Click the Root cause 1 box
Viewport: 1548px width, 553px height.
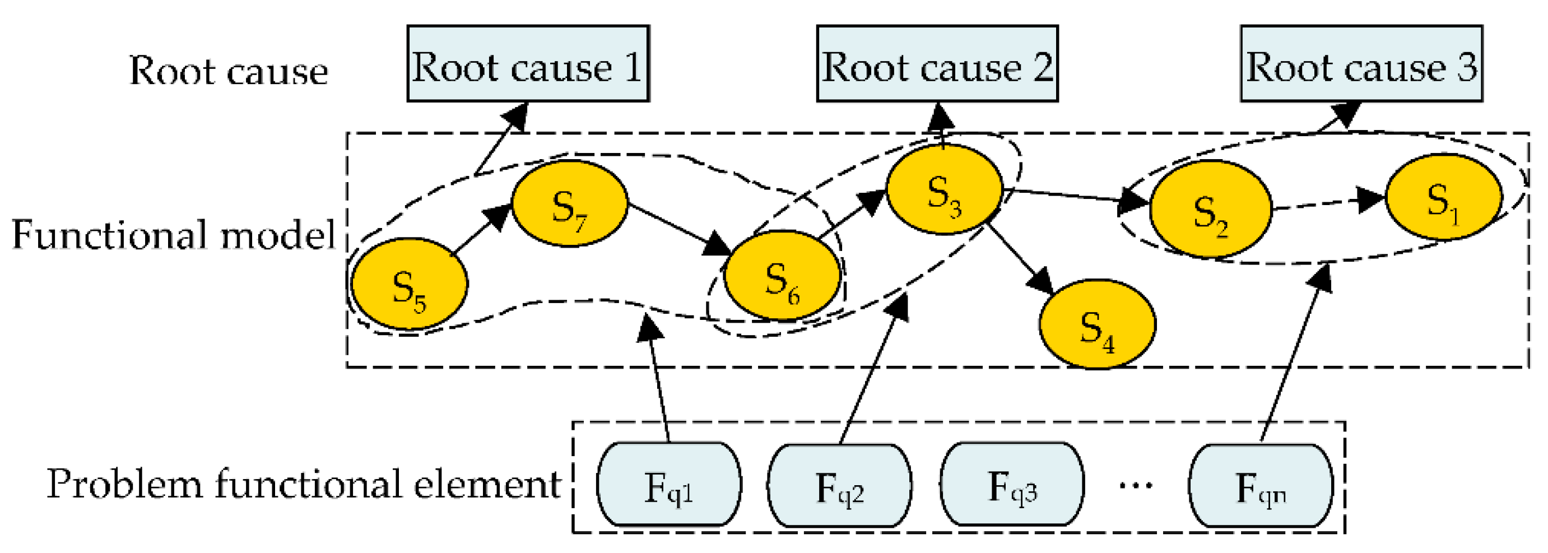(x=528, y=64)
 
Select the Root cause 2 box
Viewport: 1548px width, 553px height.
(x=937, y=64)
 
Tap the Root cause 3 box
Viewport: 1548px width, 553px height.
(x=1361, y=64)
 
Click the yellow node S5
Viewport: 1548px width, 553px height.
(x=409, y=284)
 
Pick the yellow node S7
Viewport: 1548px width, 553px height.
(x=570, y=204)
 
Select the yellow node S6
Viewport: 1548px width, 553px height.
(x=782, y=276)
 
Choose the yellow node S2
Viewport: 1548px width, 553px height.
(x=1210, y=210)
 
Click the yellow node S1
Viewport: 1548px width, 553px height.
(x=1443, y=197)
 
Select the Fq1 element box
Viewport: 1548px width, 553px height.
(x=669, y=485)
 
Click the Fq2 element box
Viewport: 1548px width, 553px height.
(x=839, y=485)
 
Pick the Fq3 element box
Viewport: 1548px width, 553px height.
(x=1012, y=485)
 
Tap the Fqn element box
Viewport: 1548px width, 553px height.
(x=1261, y=485)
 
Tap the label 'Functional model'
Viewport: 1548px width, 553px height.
(x=173, y=234)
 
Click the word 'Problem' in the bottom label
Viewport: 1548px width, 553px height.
(x=124, y=484)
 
